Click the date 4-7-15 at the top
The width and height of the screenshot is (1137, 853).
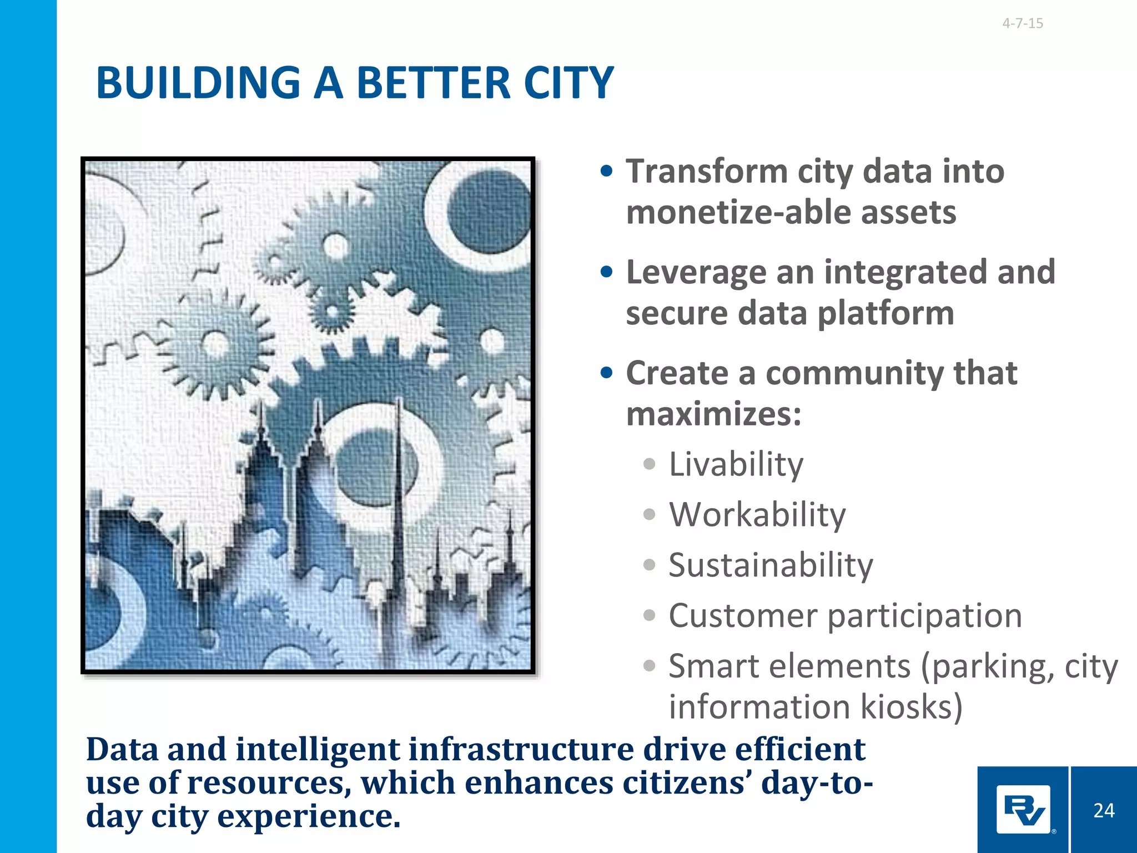pos(1023,23)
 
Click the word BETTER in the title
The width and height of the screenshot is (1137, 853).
pos(433,83)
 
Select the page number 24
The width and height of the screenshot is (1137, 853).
pos(1104,811)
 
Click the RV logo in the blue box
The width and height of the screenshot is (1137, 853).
pos(1023,810)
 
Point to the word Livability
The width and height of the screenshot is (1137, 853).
pos(736,464)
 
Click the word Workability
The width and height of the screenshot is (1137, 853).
pos(757,515)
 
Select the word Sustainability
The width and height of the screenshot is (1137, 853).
pos(771,565)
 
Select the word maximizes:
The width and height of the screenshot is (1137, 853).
pos(714,414)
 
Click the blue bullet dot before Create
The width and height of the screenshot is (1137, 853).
pos(607,373)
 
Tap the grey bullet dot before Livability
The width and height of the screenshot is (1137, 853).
pos(649,464)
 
